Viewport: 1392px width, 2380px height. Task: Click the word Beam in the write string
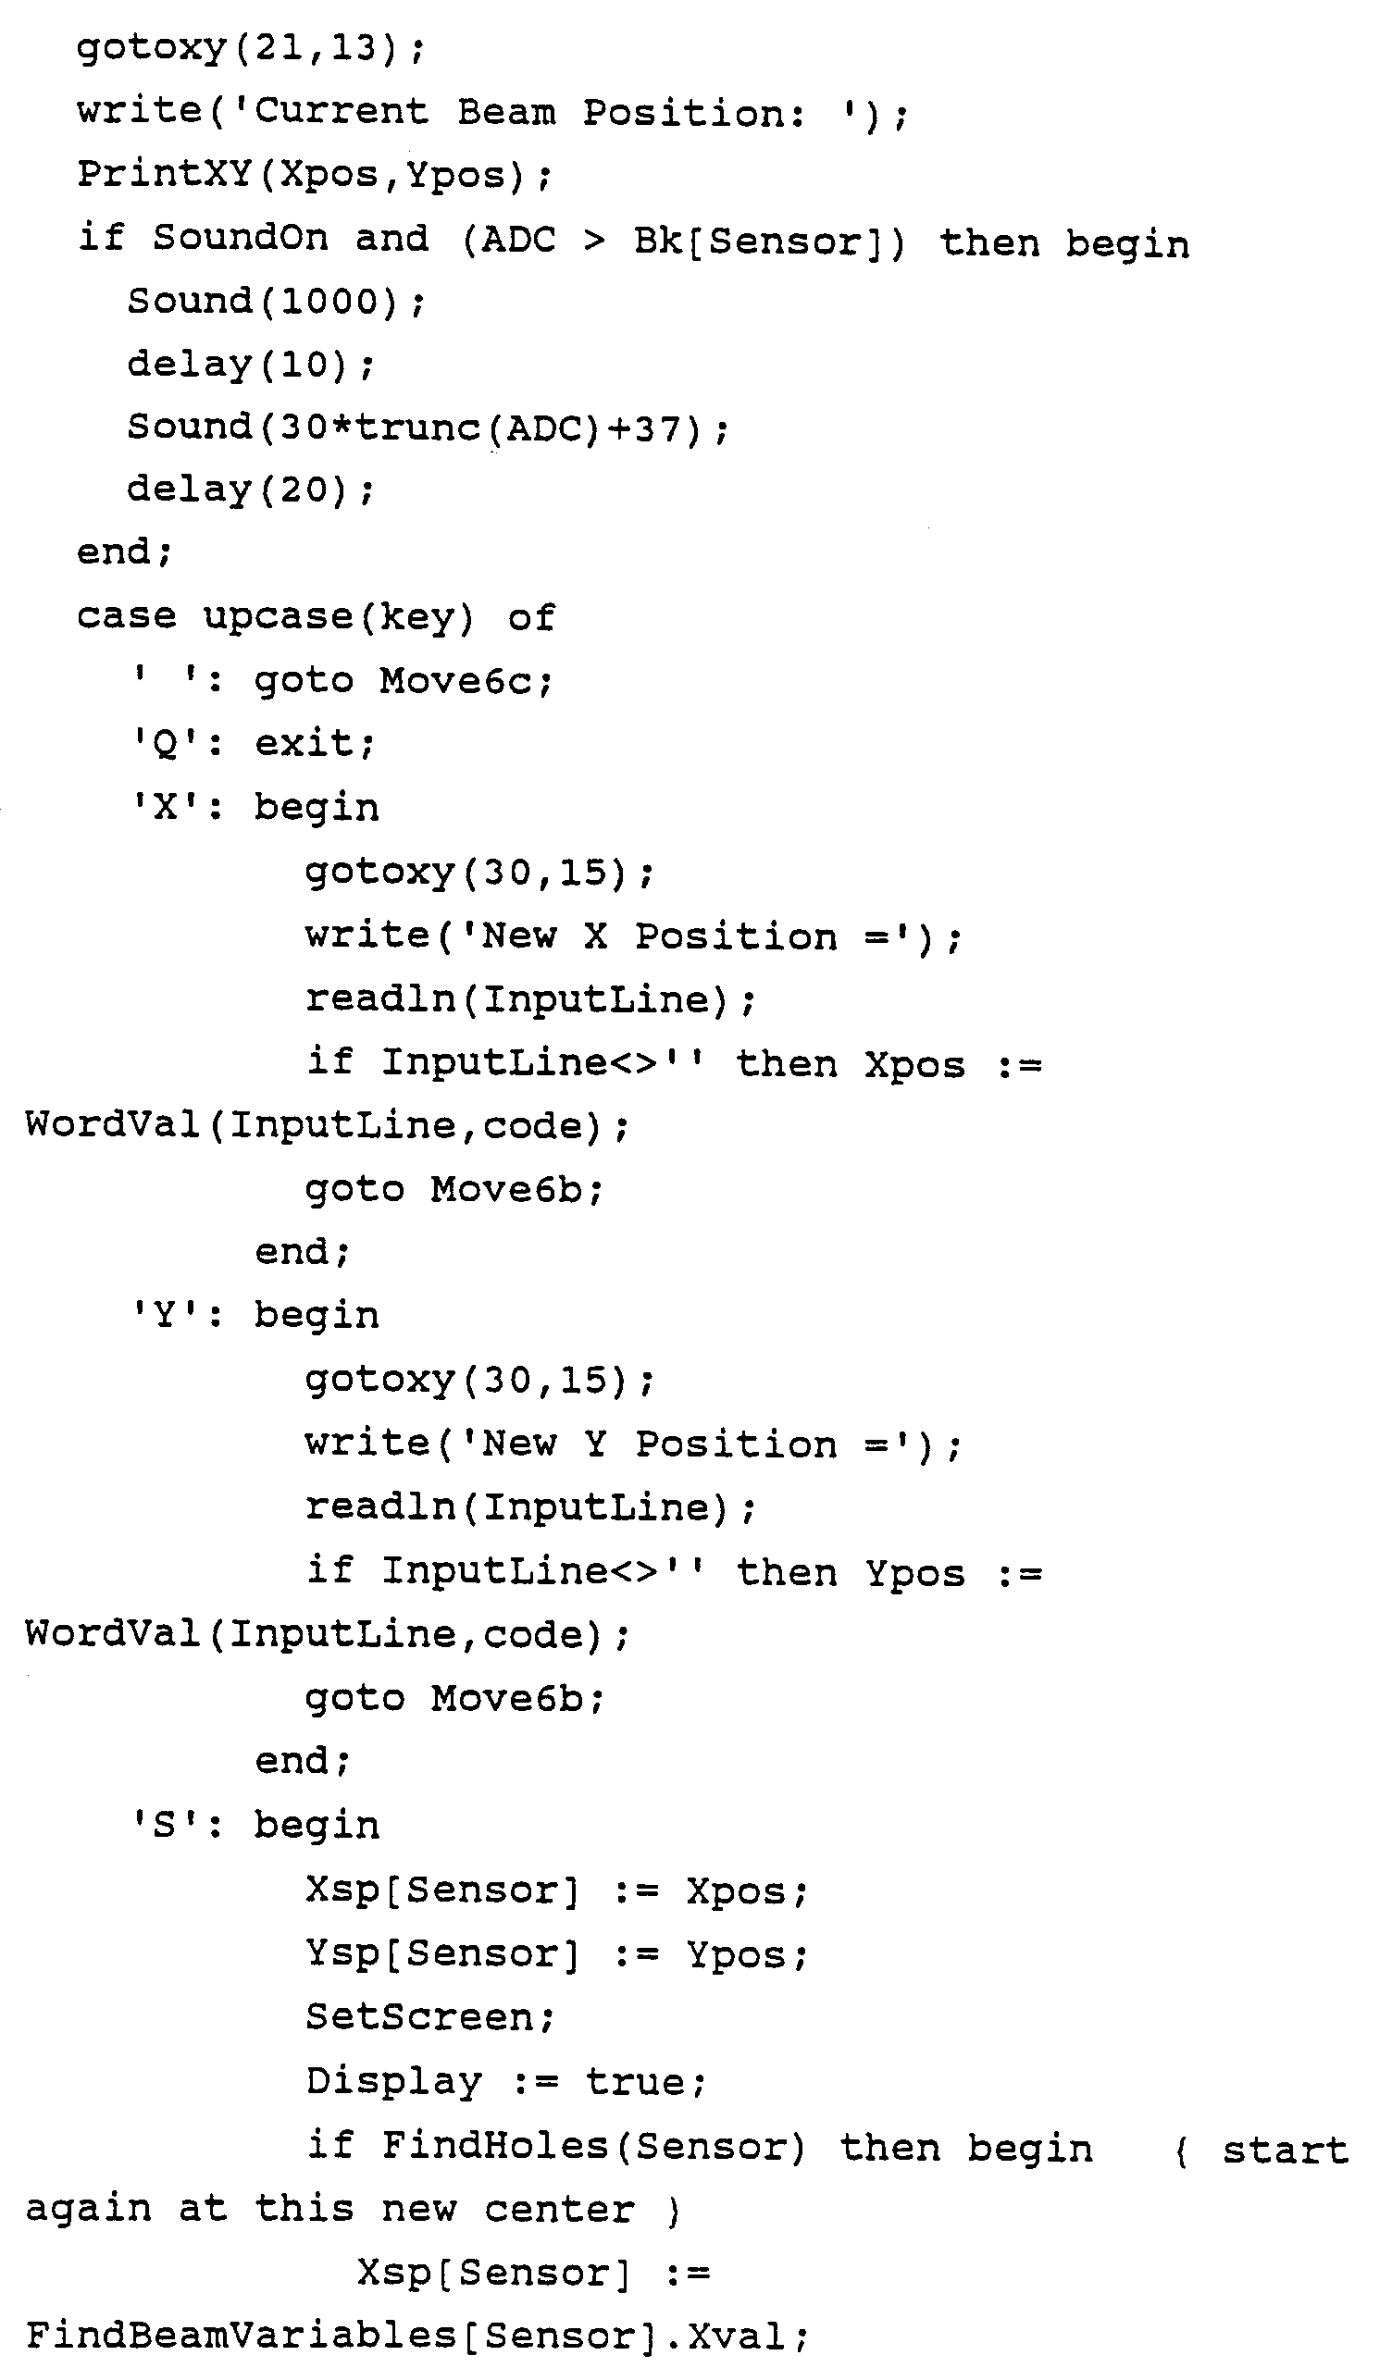click(x=506, y=113)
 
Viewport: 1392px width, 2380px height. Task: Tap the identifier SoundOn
click(x=240, y=238)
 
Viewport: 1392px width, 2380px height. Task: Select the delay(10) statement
click(x=249, y=365)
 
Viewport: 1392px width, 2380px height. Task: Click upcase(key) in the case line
click(x=338, y=617)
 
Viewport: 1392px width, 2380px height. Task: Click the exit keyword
click(x=312, y=744)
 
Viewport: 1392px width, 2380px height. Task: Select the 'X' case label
click(x=165, y=809)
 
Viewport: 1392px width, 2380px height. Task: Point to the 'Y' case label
click(x=165, y=1317)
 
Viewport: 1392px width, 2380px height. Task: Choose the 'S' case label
click(x=165, y=1826)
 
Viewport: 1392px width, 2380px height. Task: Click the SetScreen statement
click(x=429, y=2017)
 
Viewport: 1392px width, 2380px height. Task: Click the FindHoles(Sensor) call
click(x=593, y=2147)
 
